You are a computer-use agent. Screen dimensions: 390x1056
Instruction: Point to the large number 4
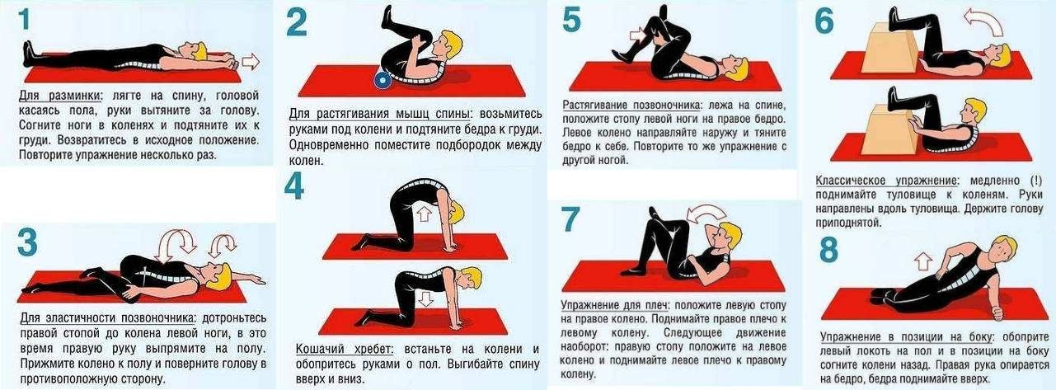click(x=294, y=187)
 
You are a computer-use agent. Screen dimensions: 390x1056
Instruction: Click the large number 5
click(x=571, y=21)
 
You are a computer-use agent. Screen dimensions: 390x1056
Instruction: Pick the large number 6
click(x=824, y=22)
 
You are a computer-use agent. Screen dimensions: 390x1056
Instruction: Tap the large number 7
click(x=571, y=220)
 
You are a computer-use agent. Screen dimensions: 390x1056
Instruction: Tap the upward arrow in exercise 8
click(x=923, y=262)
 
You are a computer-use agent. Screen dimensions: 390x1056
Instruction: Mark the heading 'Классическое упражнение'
click(x=876, y=181)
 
